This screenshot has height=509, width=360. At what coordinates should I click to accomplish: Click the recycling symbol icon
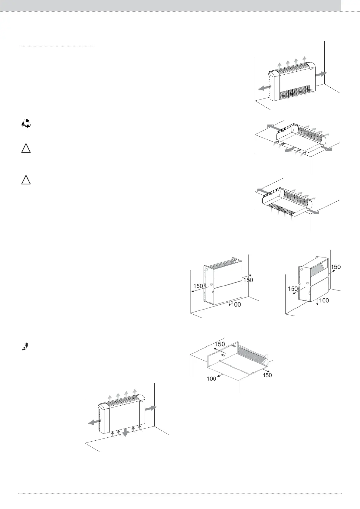tap(26, 123)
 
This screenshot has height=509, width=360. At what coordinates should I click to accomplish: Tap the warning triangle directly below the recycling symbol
tap(26, 149)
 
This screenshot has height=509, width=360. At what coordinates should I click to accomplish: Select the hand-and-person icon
tap(26, 346)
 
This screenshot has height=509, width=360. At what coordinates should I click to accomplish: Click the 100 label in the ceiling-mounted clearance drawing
tap(211, 378)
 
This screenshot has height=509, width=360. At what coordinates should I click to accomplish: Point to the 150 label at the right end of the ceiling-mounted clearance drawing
tap(267, 375)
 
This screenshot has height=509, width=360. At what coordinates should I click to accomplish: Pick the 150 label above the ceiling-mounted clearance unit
tap(220, 344)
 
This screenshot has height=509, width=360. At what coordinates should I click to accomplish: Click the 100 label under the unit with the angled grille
tap(324, 300)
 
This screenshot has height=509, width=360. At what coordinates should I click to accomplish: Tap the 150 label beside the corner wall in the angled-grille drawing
tap(336, 267)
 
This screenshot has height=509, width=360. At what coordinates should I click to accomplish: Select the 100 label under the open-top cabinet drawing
tap(236, 305)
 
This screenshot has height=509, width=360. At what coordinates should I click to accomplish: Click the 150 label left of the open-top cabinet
tap(198, 286)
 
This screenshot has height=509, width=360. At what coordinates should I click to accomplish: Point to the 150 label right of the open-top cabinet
tap(248, 280)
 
